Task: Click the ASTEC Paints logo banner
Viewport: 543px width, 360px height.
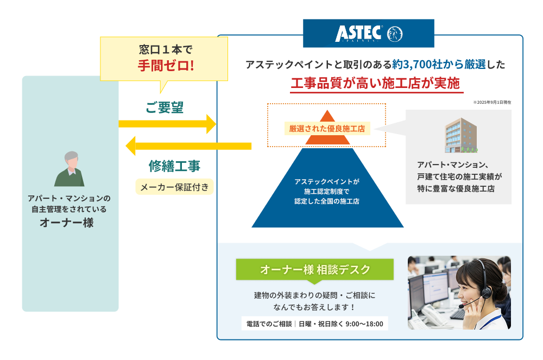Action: pos(368,33)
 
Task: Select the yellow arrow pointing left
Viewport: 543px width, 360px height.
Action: pos(188,146)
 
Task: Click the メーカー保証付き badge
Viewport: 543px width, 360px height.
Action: pos(174,187)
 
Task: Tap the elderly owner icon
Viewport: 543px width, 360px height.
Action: pos(69,169)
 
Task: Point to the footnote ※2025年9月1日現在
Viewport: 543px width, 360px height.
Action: pos(491,102)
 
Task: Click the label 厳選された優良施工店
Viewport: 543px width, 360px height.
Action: pos(327,129)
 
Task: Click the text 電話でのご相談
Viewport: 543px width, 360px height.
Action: pos(269,324)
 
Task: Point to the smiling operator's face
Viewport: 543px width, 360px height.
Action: pos(471,288)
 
